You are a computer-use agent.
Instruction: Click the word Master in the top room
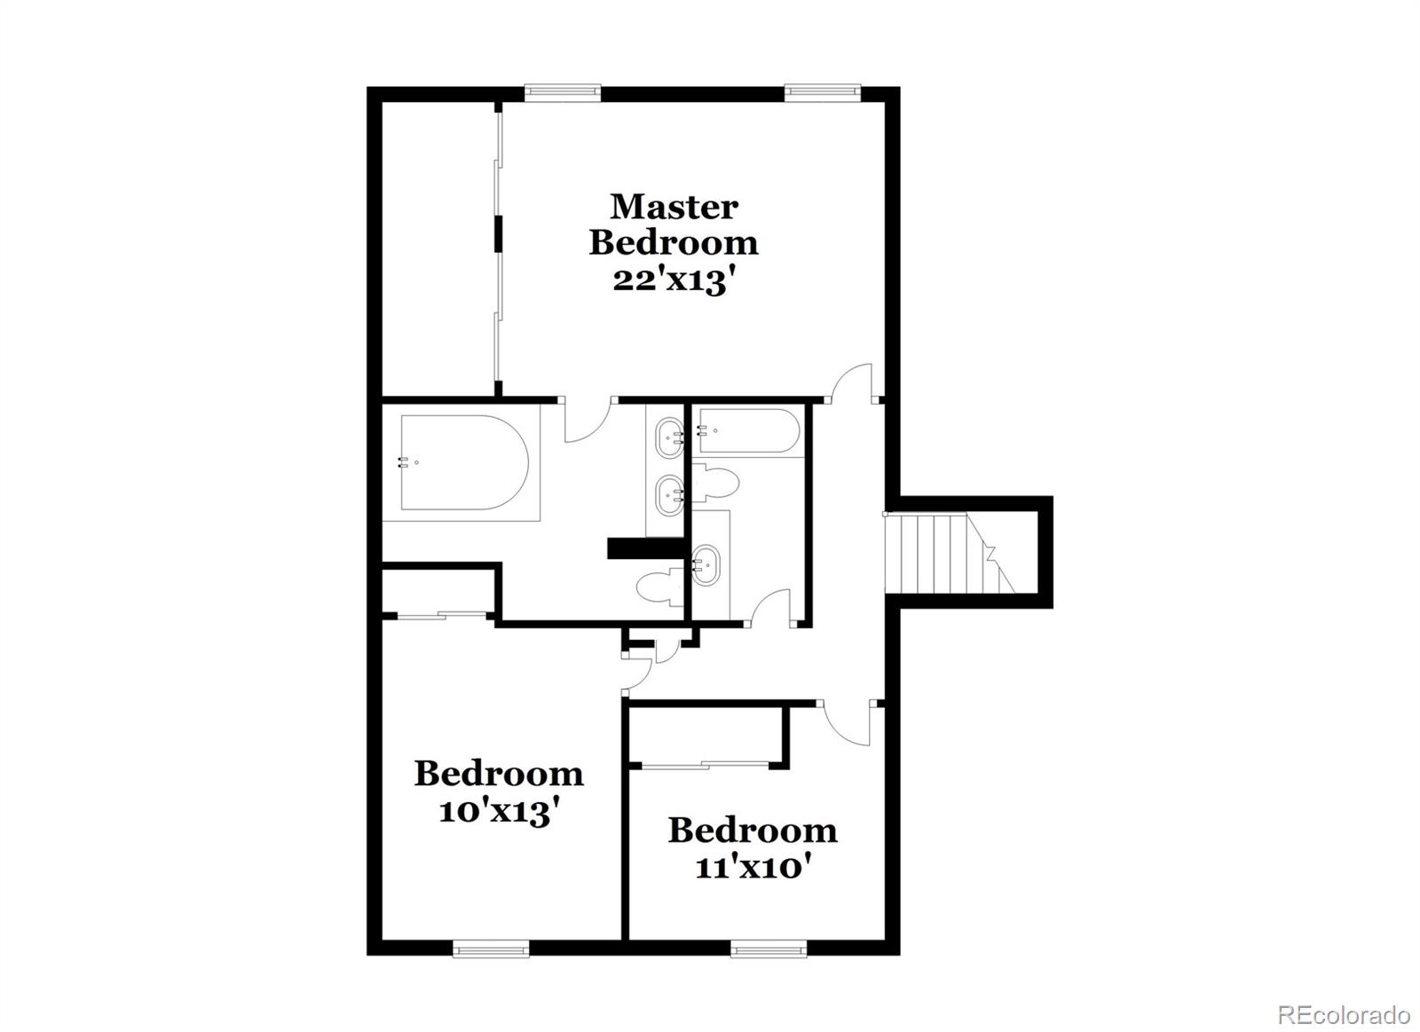point(674,207)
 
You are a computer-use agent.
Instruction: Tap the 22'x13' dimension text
point(674,280)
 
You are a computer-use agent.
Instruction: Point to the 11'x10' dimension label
point(753,866)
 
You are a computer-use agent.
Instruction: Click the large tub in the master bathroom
point(463,462)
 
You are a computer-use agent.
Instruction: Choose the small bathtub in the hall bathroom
point(748,431)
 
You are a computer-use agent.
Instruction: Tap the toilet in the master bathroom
point(658,587)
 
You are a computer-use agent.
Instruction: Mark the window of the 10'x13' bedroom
point(491,950)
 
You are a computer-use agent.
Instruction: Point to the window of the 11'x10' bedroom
point(769,950)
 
